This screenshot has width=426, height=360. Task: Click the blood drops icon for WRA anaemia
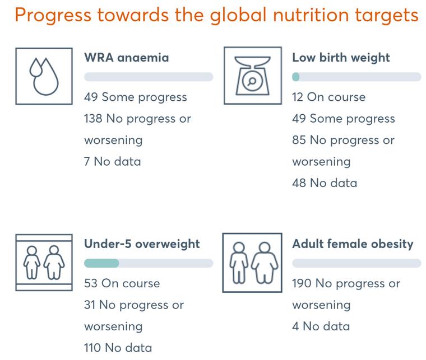pyautogui.click(x=44, y=76)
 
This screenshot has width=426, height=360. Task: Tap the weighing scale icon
pyautogui.click(x=253, y=76)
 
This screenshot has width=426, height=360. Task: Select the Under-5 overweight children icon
pyautogui.click(x=44, y=263)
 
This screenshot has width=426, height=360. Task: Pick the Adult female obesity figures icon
pyautogui.click(x=252, y=263)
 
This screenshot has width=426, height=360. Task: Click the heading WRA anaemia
pyautogui.click(x=127, y=58)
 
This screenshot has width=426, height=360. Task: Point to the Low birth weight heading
pyautogui.click(x=341, y=58)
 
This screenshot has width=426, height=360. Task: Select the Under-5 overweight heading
pyautogui.click(x=142, y=244)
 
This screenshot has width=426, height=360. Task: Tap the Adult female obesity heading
pyautogui.click(x=353, y=244)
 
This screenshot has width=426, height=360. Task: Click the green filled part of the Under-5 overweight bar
pyautogui.click(x=101, y=263)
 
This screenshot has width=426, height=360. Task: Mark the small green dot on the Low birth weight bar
pyautogui.click(x=296, y=77)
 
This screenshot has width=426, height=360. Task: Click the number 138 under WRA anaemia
pyautogui.click(x=93, y=119)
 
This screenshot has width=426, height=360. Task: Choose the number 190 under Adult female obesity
pyautogui.click(x=302, y=283)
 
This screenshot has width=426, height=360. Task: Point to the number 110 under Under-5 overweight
pyautogui.click(x=92, y=348)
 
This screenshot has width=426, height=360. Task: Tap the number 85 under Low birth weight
pyautogui.click(x=299, y=141)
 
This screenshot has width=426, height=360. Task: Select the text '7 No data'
pyautogui.click(x=113, y=162)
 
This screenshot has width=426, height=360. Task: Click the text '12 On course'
pyautogui.click(x=328, y=97)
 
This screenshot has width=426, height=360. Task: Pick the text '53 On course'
pyautogui.click(x=122, y=283)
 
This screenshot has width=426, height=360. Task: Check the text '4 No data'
pyautogui.click(x=321, y=326)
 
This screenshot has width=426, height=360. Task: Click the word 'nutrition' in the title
pyautogui.click(x=311, y=15)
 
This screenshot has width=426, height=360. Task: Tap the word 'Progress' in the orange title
pyautogui.click(x=53, y=16)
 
